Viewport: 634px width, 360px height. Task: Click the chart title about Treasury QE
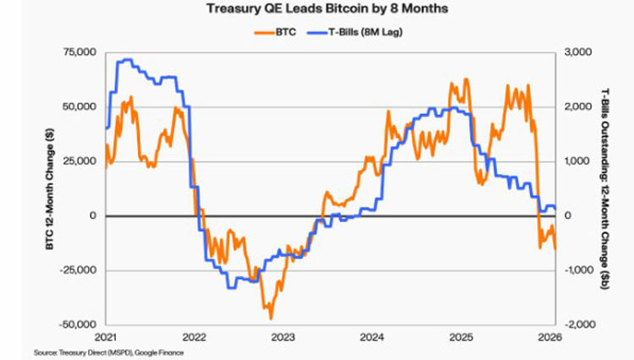[327, 8]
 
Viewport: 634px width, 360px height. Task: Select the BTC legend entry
[276, 32]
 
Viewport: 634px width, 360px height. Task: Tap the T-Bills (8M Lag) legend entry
[354, 32]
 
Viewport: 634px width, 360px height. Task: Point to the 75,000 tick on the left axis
[79, 52]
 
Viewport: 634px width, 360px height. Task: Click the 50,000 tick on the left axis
[79, 106]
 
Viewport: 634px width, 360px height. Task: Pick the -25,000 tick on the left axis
[78, 270]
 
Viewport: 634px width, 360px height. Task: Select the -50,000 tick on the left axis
[78, 325]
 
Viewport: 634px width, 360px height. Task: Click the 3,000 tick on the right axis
[577, 52]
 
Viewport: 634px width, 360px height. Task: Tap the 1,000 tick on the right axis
[577, 161]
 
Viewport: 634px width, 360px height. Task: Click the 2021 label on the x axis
[105, 337]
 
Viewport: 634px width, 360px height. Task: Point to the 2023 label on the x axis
[283, 337]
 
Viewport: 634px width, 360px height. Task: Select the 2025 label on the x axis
[462, 337]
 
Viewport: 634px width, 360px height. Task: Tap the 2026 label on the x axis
[550, 337]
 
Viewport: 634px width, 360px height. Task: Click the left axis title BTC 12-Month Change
[50, 188]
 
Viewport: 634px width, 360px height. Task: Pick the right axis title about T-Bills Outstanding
[605, 188]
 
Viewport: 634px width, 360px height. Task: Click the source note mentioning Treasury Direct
[109, 352]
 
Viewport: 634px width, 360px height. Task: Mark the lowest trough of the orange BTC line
[271, 319]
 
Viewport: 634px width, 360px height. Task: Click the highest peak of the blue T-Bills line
[125, 60]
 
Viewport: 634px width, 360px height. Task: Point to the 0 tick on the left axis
[93, 215]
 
